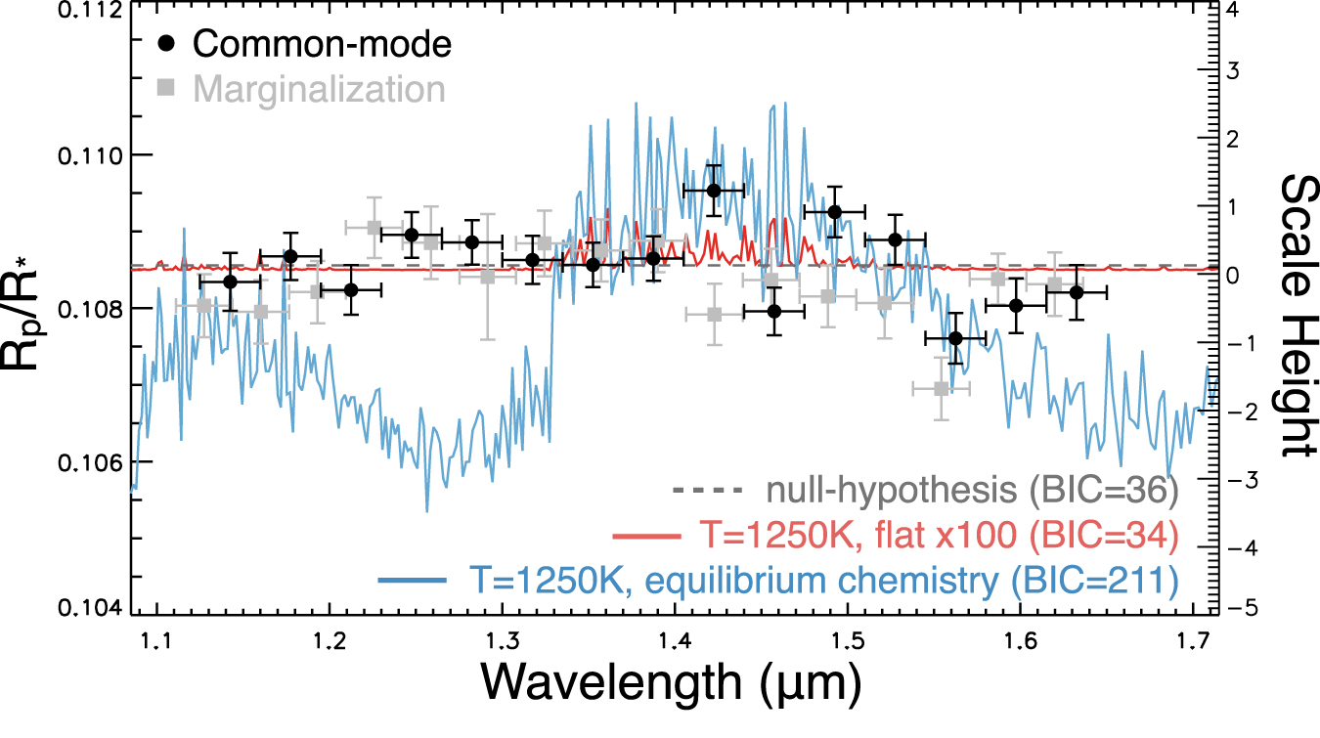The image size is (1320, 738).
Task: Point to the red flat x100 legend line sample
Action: pyautogui.click(x=644, y=536)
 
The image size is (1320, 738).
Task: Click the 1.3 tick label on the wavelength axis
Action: pyautogui.click(x=502, y=641)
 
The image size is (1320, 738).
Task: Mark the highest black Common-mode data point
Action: pyautogui.click(x=714, y=190)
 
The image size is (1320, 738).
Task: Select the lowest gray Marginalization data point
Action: pyautogui.click(x=941, y=388)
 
